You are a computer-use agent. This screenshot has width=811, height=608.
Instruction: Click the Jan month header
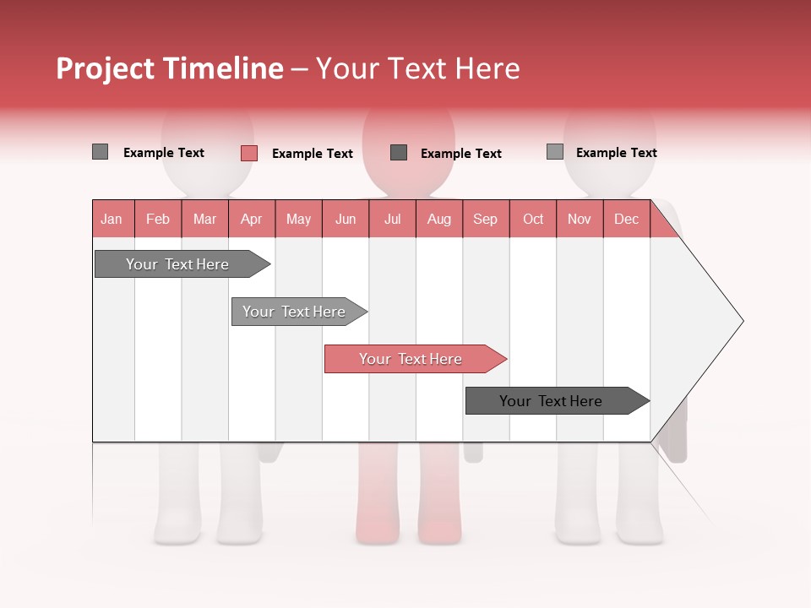tap(112, 219)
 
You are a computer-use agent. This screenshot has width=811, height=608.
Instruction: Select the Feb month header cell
tap(158, 219)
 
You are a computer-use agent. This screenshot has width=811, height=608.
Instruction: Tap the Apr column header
tap(251, 219)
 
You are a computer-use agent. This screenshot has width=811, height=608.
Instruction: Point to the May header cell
tap(298, 219)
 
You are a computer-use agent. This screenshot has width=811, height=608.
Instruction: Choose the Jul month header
tap(392, 219)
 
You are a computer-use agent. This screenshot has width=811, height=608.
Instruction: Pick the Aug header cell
tap(438, 219)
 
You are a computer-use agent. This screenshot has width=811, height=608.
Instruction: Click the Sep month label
tap(485, 219)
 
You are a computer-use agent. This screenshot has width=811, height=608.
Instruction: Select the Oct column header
tap(532, 219)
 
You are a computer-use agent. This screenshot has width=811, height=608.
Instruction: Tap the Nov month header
tap(579, 219)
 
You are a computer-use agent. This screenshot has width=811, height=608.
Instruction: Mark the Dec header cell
tap(626, 219)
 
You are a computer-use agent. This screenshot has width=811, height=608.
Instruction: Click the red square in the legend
tap(248, 153)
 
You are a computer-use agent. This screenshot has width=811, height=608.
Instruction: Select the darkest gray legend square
tap(399, 152)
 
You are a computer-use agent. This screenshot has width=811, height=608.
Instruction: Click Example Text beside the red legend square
tap(312, 154)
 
